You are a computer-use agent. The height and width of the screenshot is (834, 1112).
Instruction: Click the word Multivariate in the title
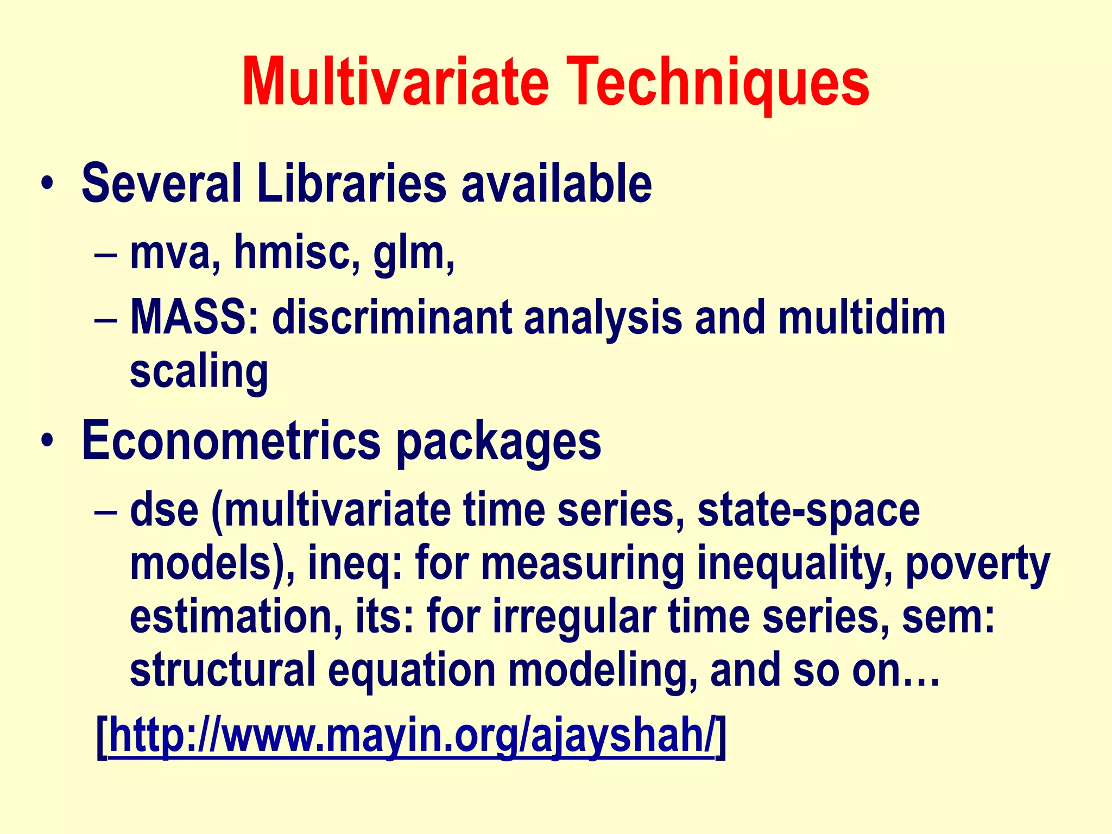pyautogui.click(x=395, y=83)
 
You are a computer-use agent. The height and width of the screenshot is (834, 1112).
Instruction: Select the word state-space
pyautogui.click(x=808, y=511)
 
